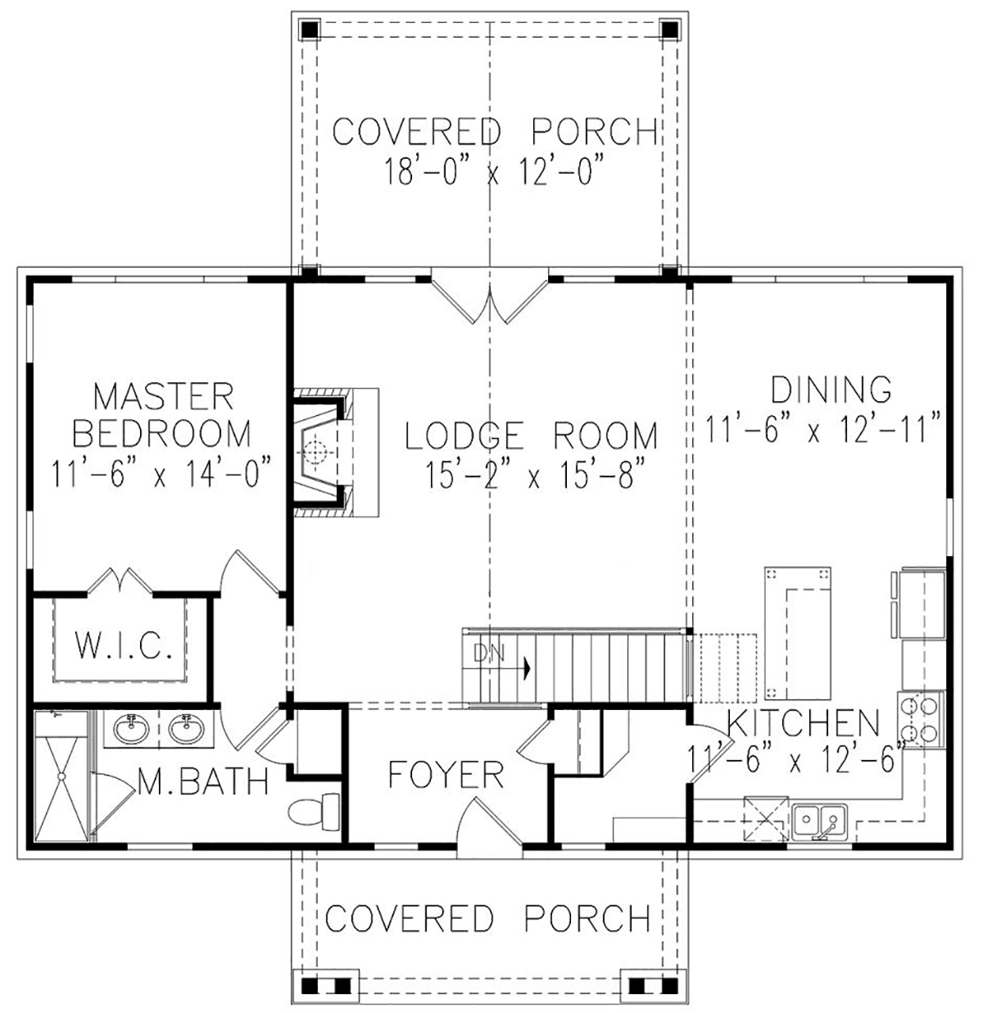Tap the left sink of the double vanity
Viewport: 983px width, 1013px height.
tap(132, 729)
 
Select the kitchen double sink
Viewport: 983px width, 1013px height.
tap(819, 821)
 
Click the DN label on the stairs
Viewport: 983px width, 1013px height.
tap(489, 653)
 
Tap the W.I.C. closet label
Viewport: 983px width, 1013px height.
tap(124, 645)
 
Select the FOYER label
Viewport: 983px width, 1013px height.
tap(446, 775)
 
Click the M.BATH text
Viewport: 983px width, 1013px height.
tap(203, 780)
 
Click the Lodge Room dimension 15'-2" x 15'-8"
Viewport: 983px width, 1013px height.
tap(531, 475)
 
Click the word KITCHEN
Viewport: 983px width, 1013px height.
tap(804, 722)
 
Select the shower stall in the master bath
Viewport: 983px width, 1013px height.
tap(61, 776)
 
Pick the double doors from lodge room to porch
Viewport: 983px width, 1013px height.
tap(490, 300)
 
